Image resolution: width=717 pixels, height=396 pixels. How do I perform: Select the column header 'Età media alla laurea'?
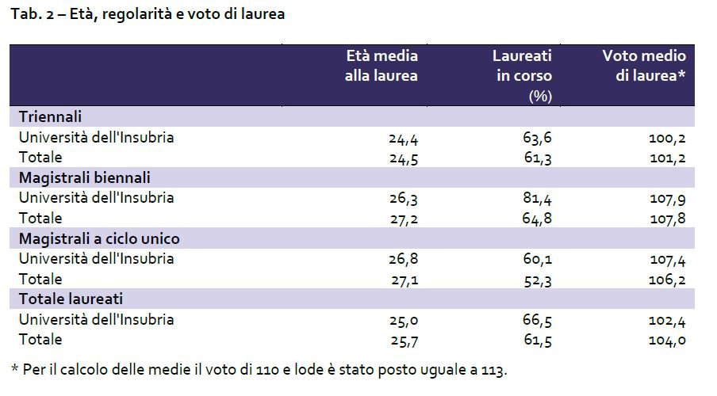pyautogui.click(x=381, y=66)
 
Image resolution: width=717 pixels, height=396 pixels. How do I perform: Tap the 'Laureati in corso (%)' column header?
pyautogui.click(x=522, y=76)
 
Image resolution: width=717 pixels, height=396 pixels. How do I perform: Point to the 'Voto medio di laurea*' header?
pyautogui.click(x=644, y=66)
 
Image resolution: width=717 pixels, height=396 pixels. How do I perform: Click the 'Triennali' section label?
pyautogui.click(x=50, y=117)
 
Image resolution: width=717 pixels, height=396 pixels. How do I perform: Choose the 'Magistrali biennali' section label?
pyautogui.click(x=85, y=177)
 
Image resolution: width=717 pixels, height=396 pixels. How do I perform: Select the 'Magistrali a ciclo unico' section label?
pyautogui.click(x=99, y=238)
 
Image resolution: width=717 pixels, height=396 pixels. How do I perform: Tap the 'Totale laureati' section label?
pyautogui.click(x=71, y=299)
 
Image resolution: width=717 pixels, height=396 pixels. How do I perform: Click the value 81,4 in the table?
pyautogui.click(x=536, y=198)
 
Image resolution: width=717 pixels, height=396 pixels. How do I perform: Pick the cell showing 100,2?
pyautogui.click(x=666, y=138)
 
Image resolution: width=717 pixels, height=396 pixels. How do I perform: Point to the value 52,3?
pyautogui.click(x=536, y=280)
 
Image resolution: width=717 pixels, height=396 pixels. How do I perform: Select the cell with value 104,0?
pyautogui.click(x=666, y=341)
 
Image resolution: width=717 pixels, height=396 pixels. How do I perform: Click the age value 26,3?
pyautogui.click(x=403, y=198)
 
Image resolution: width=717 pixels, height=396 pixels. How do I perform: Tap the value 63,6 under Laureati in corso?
pyautogui.click(x=536, y=138)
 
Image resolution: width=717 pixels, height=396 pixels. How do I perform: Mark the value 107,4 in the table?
pyautogui.click(x=666, y=259)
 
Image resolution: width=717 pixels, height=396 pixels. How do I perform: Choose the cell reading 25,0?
pyautogui.click(x=403, y=320)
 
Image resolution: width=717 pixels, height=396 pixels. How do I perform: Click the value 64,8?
pyautogui.click(x=536, y=219)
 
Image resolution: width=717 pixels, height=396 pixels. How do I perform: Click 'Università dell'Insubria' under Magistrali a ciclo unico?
pyautogui.click(x=96, y=259)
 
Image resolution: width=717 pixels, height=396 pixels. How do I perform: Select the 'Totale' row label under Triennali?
pyautogui.click(x=40, y=158)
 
